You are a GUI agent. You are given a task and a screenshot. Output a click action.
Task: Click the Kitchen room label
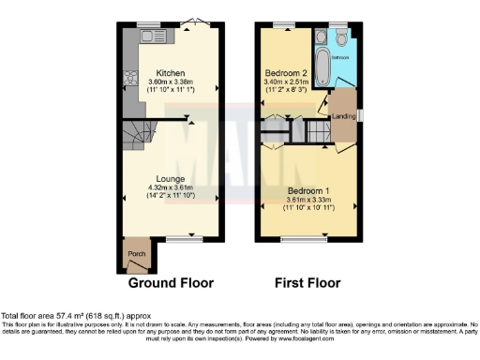pos(171,72)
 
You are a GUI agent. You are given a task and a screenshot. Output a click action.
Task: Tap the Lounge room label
pos(170,178)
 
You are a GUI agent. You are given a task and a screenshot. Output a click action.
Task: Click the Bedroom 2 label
pos(286,72)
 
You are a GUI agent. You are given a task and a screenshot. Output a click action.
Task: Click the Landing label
pos(345,116)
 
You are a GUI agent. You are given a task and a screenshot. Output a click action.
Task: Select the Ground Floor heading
pos(171,282)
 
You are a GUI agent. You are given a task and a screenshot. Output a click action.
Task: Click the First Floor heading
pos(307,282)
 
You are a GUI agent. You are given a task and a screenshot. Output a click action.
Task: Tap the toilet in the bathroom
pos(342,37)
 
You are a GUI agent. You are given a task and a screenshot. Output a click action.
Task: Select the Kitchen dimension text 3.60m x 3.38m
pos(171,82)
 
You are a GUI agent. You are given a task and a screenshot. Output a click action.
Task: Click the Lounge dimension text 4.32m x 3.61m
pos(170,188)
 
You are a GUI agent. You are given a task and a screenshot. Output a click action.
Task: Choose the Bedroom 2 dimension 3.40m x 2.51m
pos(286,82)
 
